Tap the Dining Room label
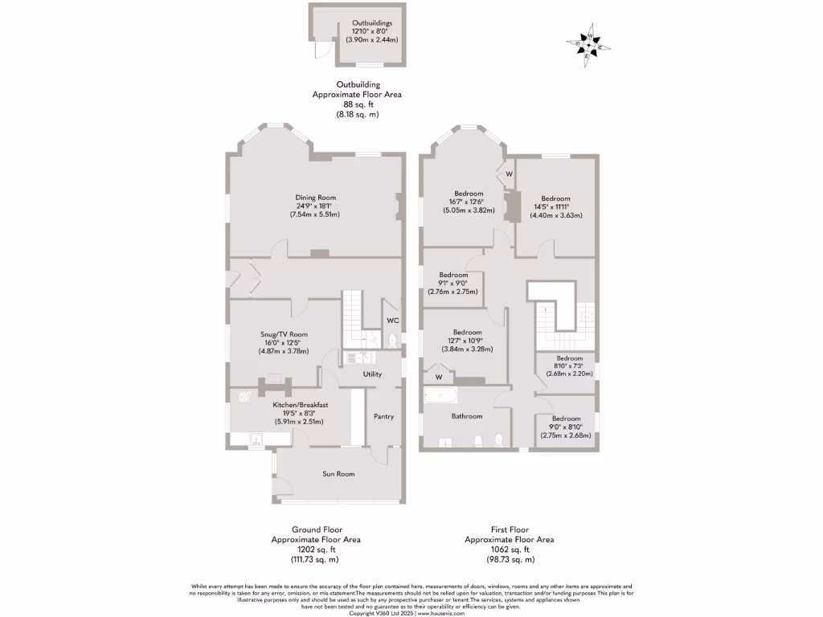pyautogui.click(x=315, y=197)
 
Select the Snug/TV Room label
pyautogui.click(x=283, y=334)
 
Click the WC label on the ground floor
pyautogui.click(x=392, y=321)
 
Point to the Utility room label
pyautogui.click(x=372, y=374)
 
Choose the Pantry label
pyautogui.click(x=383, y=416)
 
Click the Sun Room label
pyautogui.click(x=338, y=474)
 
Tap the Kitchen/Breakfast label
pyautogui.click(x=300, y=405)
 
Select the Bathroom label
pyautogui.click(x=466, y=416)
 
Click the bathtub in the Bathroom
pyautogui.click(x=440, y=396)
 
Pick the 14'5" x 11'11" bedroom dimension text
pyautogui.click(x=555, y=206)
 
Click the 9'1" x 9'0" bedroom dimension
pyautogui.click(x=453, y=283)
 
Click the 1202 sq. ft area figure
pyautogui.click(x=315, y=550)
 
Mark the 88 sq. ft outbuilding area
pyautogui.click(x=357, y=104)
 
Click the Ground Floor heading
pyautogui.click(x=315, y=529)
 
